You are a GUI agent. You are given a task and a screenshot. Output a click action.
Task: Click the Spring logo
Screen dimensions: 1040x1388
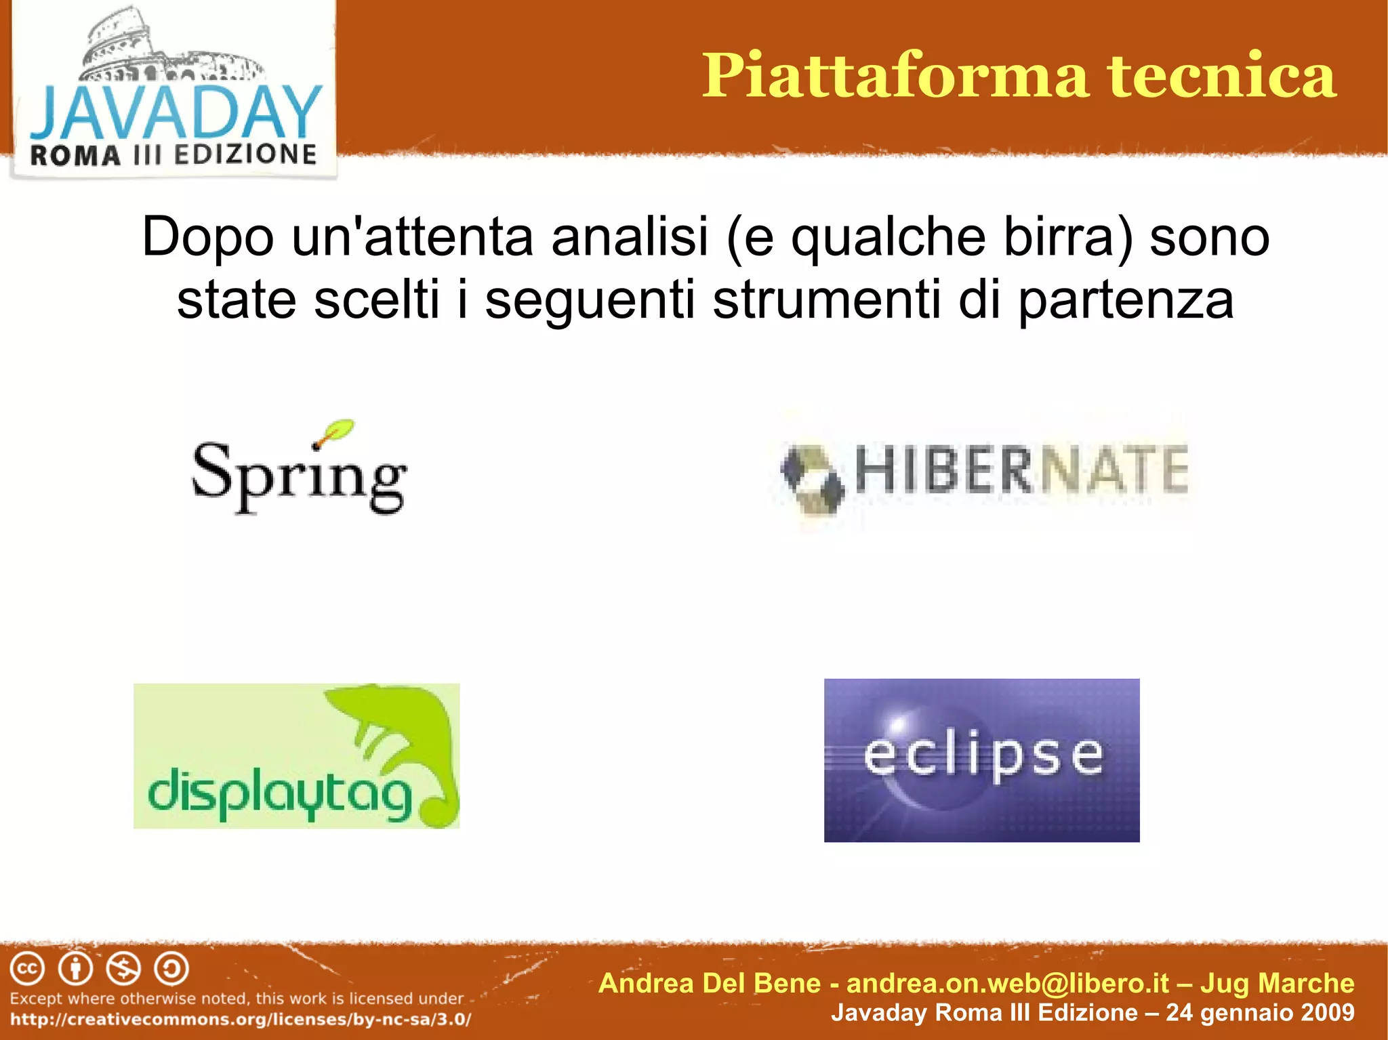click(299, 474)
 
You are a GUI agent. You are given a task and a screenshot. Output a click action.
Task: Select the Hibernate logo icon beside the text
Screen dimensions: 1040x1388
click(811, 478)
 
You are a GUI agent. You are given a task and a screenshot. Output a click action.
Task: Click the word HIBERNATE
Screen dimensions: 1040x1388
click(1021, 469)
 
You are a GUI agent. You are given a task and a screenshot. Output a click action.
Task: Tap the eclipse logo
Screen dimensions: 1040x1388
click(981, 760)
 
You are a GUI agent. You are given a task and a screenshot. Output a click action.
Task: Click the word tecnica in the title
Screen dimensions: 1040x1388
click(1221, 76)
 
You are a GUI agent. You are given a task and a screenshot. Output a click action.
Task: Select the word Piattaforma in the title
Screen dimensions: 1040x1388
click(895, 76)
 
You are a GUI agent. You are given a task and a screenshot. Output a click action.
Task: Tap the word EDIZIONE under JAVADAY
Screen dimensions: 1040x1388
click(245, 154)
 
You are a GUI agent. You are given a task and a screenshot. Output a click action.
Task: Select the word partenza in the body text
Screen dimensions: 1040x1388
click(1125, 299)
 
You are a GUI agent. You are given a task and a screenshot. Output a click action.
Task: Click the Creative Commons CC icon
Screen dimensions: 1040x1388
click(27, 969)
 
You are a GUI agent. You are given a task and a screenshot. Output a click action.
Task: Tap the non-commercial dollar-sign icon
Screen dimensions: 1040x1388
click(124, 969)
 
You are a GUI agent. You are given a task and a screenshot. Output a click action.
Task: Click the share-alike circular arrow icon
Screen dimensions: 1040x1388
click(171, 969)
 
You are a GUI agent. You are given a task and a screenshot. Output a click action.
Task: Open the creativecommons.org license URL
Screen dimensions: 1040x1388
click(241, 1019)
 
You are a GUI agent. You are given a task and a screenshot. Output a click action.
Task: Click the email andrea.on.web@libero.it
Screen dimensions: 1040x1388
click(1008, 983)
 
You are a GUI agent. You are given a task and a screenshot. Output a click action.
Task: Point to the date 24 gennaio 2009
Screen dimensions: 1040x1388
click(1259, 1012)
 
